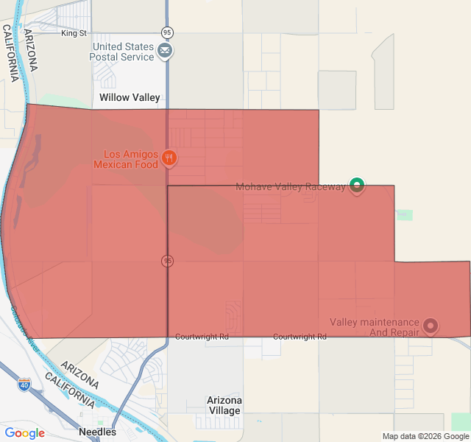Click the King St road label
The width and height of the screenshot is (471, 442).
click(74, 33)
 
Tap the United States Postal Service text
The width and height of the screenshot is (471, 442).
click(123, 52)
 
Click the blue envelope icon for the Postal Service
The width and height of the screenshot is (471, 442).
click(166, 51)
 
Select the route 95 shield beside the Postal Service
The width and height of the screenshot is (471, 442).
click(167, 32)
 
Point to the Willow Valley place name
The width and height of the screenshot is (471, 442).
click(130, 97)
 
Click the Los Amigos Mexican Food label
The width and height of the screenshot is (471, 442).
click(130, 159)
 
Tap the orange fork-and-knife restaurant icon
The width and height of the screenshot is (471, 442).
click(169, 157)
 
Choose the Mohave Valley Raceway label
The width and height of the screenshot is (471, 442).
click(290, 186)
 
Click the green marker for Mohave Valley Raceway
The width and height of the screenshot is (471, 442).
click(357, 185)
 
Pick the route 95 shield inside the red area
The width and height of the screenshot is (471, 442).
click(168, 261)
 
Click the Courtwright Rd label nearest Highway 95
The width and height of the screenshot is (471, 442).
click(202, 337)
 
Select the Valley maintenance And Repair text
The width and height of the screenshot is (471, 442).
click(375, 327)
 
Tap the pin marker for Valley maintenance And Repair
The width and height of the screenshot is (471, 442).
click(431, 325)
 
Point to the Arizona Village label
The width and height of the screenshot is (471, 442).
click(224, 405)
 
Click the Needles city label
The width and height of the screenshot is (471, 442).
click(97, 432)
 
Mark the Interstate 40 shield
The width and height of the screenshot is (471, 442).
click(24, 385)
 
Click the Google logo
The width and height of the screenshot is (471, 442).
click(24, 433)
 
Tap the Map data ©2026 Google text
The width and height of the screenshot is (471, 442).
click(425, 436)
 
